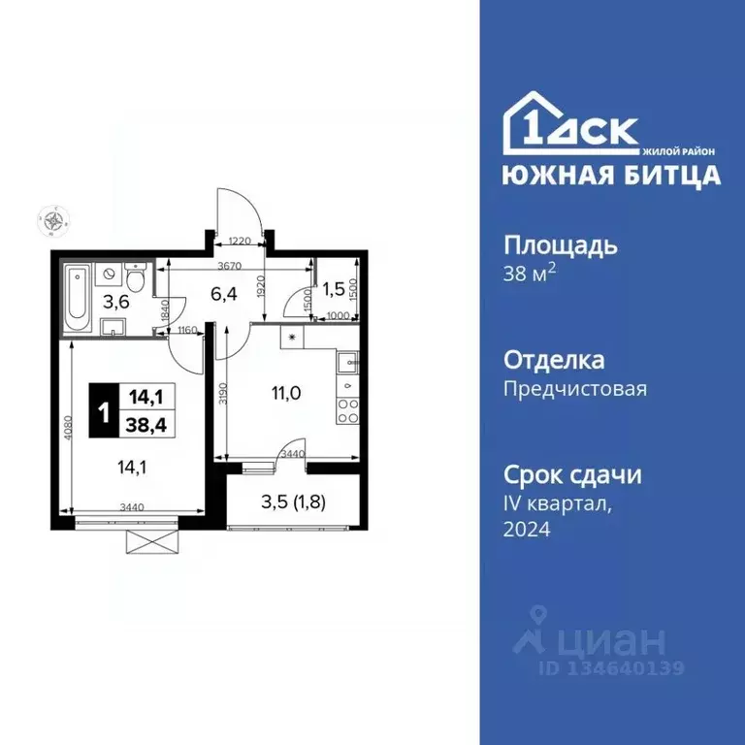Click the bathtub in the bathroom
click(79, 294)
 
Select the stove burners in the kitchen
click(345, 406)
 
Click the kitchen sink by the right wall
click(346, 365)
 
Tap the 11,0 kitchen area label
click(285, 395)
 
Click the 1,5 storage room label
click(334, 288)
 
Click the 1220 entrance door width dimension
click(241, 242)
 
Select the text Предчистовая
click(574, 389)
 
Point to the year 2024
click(527, 530)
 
